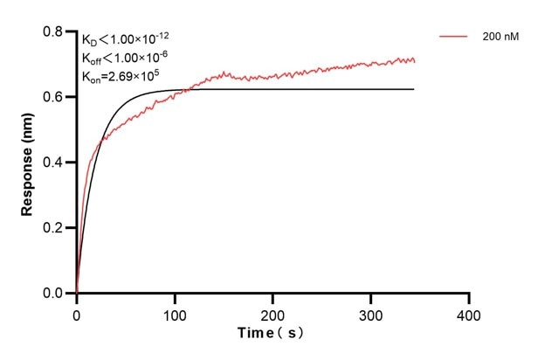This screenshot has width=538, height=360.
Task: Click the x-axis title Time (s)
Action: pyautogui.click(x=272, y=334)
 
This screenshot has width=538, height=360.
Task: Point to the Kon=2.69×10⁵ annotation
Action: pyautogui.click(x=120, y=76)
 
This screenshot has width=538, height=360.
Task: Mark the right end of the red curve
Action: pyautogui.click(x=415, y=61)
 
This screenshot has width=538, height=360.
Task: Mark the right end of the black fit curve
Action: pyautogui.click(x=414, y=89)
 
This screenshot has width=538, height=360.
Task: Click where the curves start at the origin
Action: pyautogui.click(x=77, y=293)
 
